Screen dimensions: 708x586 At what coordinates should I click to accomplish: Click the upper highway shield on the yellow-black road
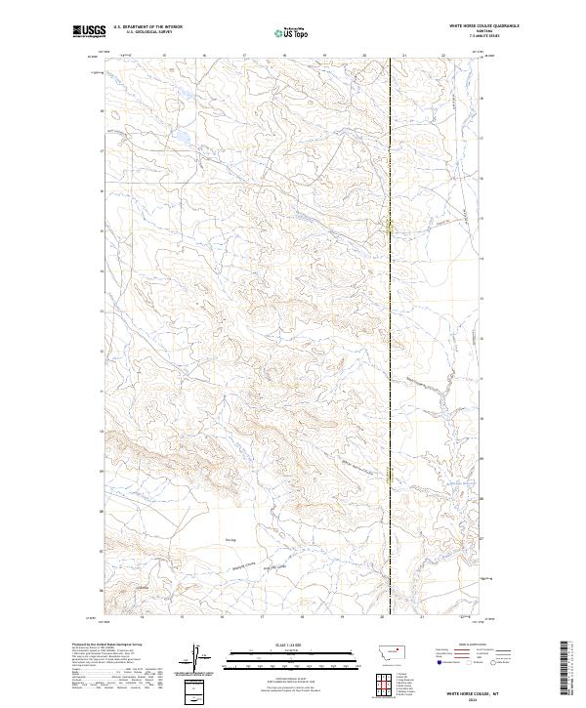391,229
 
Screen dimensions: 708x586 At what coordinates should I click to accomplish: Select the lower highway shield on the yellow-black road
391,477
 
